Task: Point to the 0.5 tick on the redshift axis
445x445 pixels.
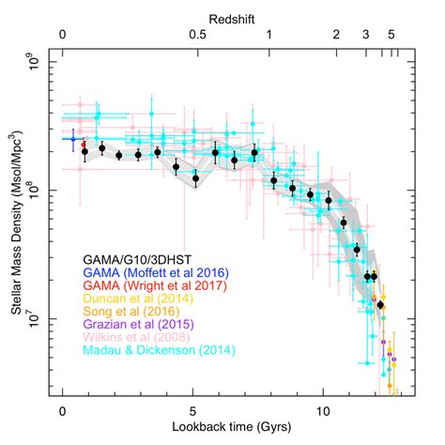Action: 198,35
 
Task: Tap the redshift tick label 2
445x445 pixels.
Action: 335,35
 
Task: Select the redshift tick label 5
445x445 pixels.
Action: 391,35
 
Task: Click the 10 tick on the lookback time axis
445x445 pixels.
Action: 323,409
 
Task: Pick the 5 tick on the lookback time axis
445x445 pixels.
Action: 192,409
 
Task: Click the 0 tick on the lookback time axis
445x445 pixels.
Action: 62,409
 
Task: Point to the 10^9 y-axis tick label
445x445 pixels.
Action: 36,65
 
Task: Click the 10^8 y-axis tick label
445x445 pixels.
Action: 36,192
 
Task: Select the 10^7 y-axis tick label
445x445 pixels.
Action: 36,319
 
